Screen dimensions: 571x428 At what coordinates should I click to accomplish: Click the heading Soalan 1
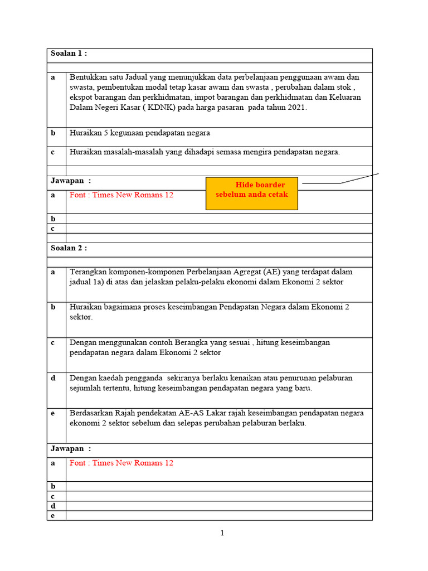pyautogui.click(x=69, y=54)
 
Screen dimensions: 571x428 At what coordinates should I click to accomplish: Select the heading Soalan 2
pyautogui.click(x=69, y=248)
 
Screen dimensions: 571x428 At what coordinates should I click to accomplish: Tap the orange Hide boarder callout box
pyautogui.click(x=252, y=193)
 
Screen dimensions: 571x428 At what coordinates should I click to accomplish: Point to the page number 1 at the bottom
pyautogui.click(x=222, y=533)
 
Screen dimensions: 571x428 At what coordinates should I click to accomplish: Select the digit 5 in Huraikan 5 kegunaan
pyautogui.click(x=106, y=133)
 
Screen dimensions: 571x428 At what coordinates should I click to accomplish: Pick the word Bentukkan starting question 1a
pyautogui.click(x=88, y=78)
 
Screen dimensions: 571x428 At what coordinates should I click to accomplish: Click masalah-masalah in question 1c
pyautogui.click(x=132, y=152)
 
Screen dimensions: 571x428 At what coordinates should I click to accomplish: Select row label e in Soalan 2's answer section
pyautogui.click(x=53, y=516)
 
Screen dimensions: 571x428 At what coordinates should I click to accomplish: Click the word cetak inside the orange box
pyautogui.click(x=277, y=195)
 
